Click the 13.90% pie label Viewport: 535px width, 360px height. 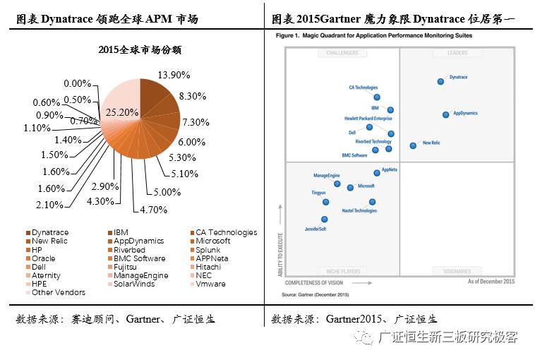pyautogui.click(x=174, y=75)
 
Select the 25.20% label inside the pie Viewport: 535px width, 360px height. pyautogui.click(x=122, y=112)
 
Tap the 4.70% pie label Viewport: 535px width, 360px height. pyautogui.click(x=152, y=210)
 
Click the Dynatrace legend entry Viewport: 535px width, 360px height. pyautogui.click(x=49, y=232)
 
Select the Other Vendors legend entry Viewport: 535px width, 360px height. pyautogui.click(x=58, y=292)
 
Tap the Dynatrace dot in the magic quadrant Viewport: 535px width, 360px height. pyautogui.click(x=441, y=81)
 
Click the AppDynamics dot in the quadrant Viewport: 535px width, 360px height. pyautogui.click(x=446, y=114)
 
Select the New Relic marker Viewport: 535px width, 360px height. pyautogui.click(x=413, y=145)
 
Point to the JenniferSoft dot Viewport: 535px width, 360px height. pyautogui.click(x=324, y=220)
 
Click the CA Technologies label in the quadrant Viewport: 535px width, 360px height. pyautogui.click(x=363, y=88)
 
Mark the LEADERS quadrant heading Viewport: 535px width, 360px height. pyautogui.click(x=457, y=53)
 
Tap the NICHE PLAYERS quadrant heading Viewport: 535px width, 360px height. pyautogui.click(x=342, y=271)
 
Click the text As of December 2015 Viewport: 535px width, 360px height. pyautogui.click(x=491, y=282)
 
